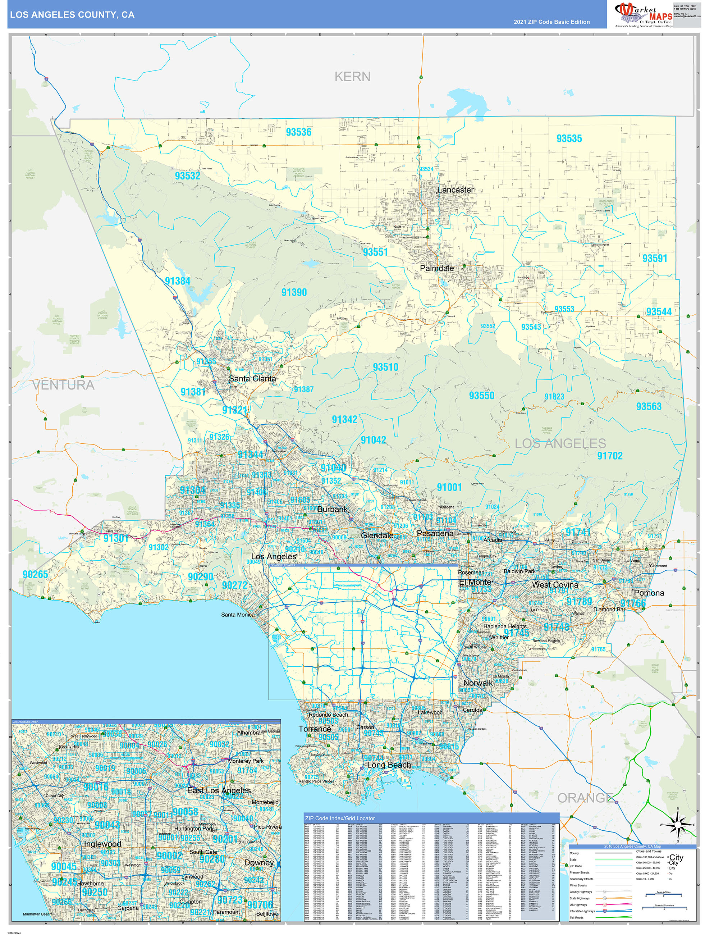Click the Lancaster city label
(x=455, y=190)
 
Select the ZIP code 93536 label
(x=298, y=132)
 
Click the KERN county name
(x=352, y=77)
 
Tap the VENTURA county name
(x=63, y=385)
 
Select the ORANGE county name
(x=585, y=798)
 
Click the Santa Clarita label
(x=252, y=379)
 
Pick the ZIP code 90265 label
(x=36, y=574)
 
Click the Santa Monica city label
(x=238, y=615)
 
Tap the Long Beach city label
(x=389, y=765)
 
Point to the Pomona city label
(x=649, y=593)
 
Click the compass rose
(x=678, y=825)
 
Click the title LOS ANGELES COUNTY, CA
(x=72, y=15)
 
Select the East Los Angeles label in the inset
(x=219, y=790)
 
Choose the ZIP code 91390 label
(x=294, y=292)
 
